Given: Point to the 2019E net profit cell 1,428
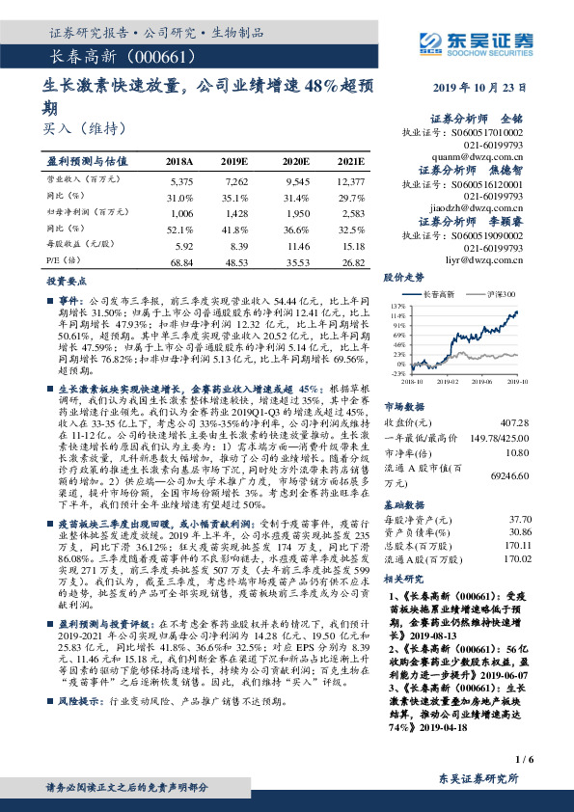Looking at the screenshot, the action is click(236, 213).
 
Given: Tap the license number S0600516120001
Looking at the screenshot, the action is click(483, 181).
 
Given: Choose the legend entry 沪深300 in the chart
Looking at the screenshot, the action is click(502, 293).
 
